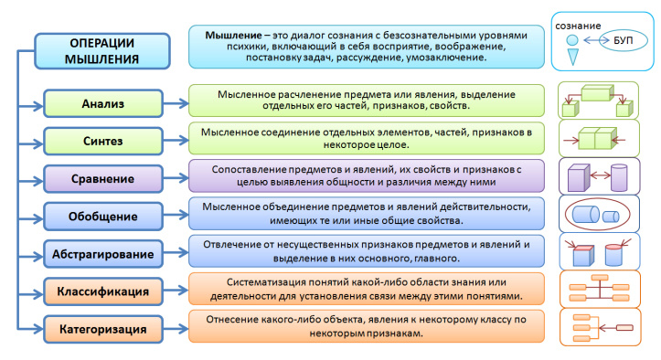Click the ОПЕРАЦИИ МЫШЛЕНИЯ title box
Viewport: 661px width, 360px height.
(x=103, y=51)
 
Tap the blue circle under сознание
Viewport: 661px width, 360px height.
(x=572, y=41)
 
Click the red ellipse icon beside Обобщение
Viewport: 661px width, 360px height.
(x=602, y=216)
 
